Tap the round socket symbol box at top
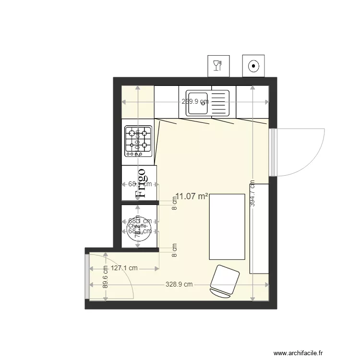pyautogui.click(x=253, y=65)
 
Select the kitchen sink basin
pyautogui.click(x=197, y=104)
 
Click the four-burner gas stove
pyautogui.click(x=139, y=141)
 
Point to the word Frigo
pyautogui.click(x=141, y=183)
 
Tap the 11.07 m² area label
pyautogui.click(x=192, y=196)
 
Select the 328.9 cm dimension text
pyautogui.click(x=179, y=284)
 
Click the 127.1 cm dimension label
pyautogui.click(x=124, y=269)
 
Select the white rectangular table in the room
pyautogui.click(x=227, y=226)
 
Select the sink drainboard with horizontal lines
pyautogui.click(x=220, y=104)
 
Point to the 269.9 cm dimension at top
pyautogui.click(x=195, y=102)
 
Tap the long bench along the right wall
pyautogui.click(x=260, y=228)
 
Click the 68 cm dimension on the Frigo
pyautogui.click(x=140, y=183)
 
